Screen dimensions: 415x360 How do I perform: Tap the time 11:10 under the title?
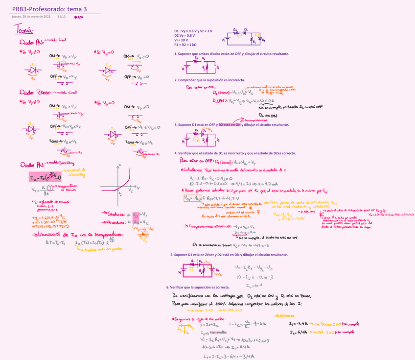[x=61, y=17]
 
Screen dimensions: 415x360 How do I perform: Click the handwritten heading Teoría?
[x=24, y=31]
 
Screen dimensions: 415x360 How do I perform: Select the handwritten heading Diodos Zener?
[x=34, y=92]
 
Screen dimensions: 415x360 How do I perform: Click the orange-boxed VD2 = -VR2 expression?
[x=192, y=198]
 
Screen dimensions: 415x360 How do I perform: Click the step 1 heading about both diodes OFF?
[x=231, y=54]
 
